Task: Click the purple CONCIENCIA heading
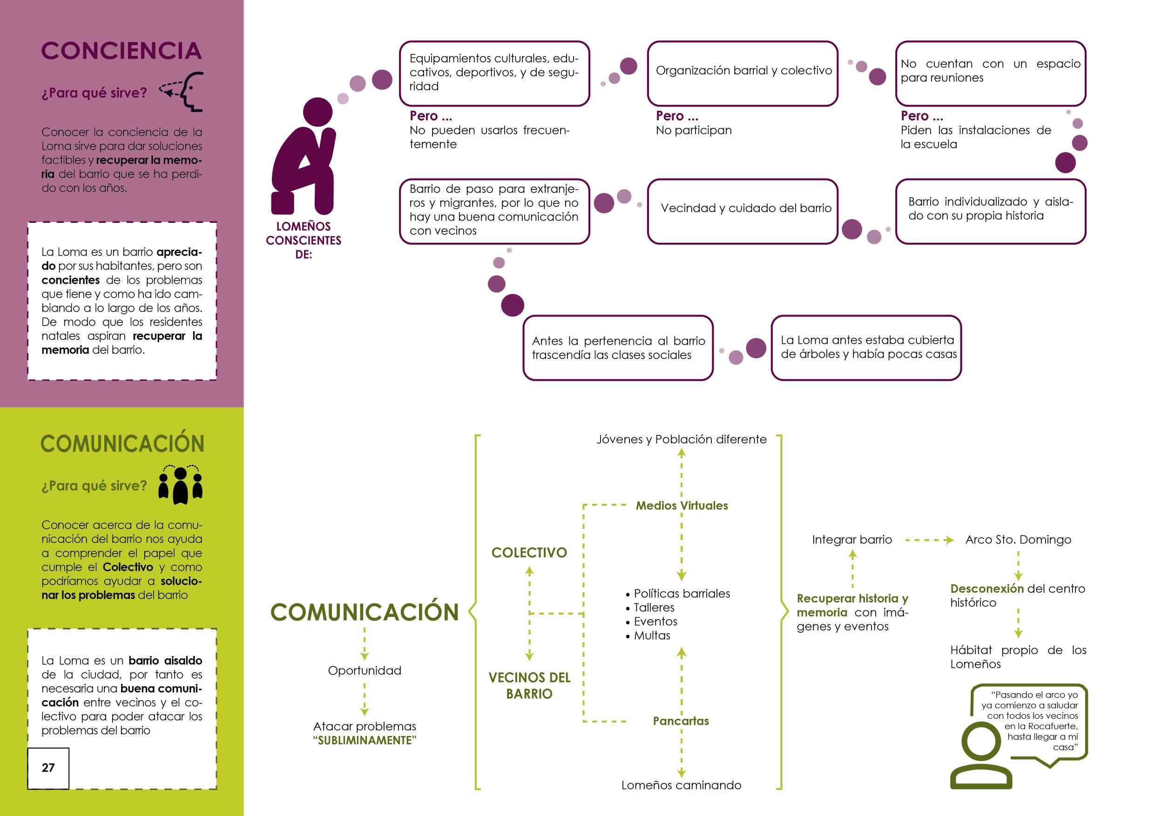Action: [x=121, y=51]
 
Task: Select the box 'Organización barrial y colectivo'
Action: [x=743, y=74]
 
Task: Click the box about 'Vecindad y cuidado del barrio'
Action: [x=743, y=211]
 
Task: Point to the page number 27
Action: [x=48, y=768]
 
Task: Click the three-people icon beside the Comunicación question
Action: [x=180, y=485]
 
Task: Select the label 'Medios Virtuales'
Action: [x=682, y=505]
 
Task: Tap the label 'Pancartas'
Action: [x=681, y=721]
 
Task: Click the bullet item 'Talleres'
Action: [x=654, y=608]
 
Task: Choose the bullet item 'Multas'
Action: [x=652, y=635]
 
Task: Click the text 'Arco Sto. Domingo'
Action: [x=1018, y=540]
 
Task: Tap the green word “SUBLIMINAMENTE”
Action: [x=365, y=741]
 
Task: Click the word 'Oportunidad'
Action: [x=365, y=670]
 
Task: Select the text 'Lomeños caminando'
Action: [x=681, y=785]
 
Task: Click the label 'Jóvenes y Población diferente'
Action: [x=682, y=440]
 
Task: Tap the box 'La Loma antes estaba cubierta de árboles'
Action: [x=866, y=348]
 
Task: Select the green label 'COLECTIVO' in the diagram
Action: [x=529, y=553]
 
